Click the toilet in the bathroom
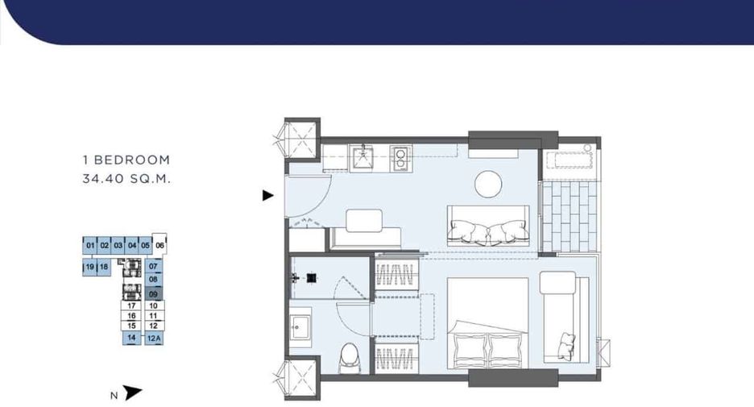348,358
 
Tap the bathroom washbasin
300,327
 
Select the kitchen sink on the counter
364,158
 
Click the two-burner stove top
400,159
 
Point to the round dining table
488,184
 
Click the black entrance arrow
267,195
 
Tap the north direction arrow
132,392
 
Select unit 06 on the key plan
159,245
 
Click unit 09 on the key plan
153,293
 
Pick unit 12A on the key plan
153,338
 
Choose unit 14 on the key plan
131,338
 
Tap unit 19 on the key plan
89,267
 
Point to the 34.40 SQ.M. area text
126,179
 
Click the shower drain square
312,277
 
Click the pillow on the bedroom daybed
566,347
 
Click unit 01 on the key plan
90,245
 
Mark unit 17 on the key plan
131,305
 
